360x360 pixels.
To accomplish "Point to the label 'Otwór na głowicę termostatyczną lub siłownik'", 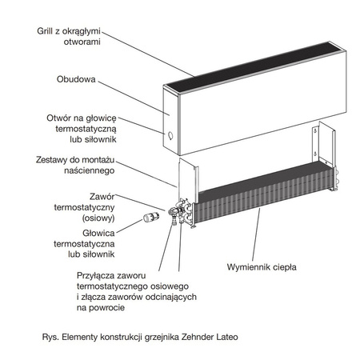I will (82, 128).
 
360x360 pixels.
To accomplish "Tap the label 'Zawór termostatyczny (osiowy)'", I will (99, 206).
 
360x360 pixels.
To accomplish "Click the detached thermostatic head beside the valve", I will (148, 217).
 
